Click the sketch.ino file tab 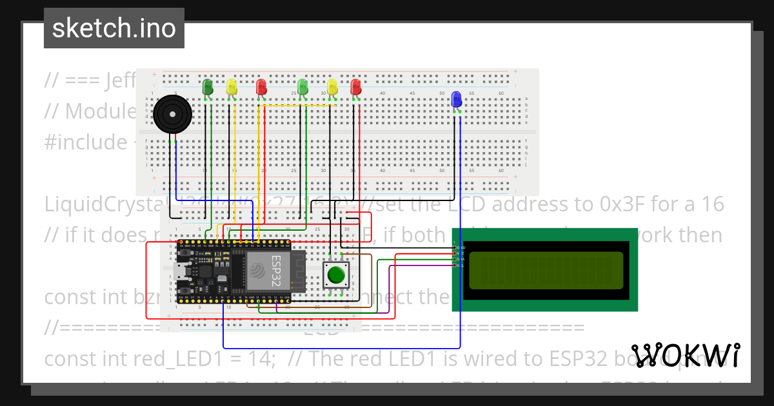tap(114, 28)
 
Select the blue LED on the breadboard tap(457, 99)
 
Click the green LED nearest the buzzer tap(208, 87)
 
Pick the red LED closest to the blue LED tap(355, 87)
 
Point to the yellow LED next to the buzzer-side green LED tap(232, 87)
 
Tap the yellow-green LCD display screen tap(545, 270)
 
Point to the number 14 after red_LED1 tap(264, 359)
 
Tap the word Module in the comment tap(100, 111)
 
